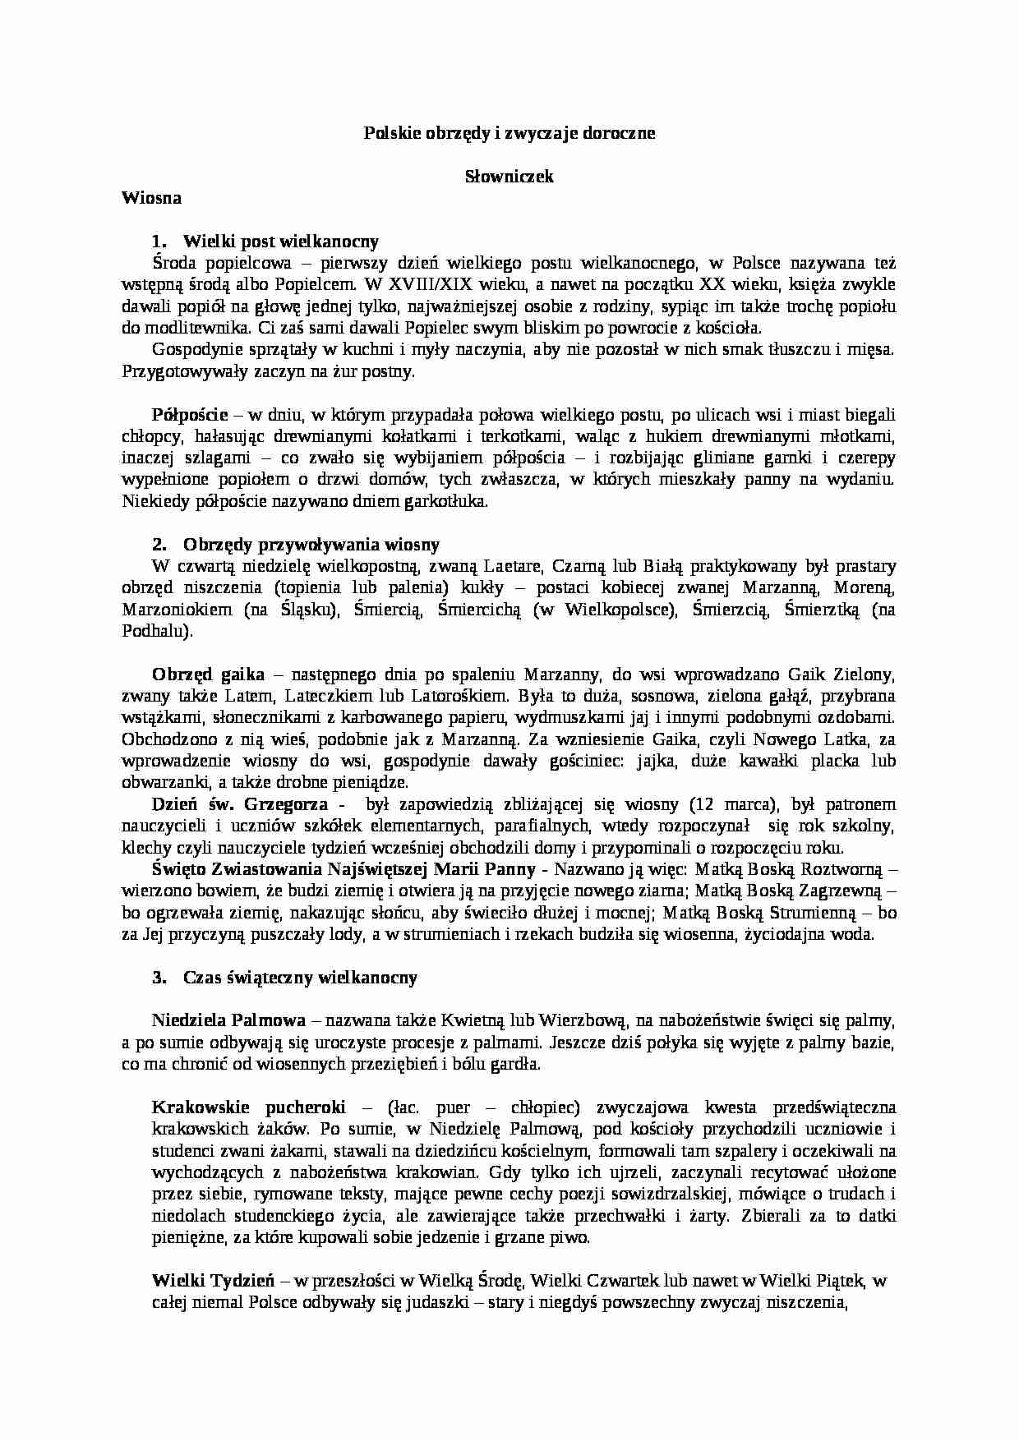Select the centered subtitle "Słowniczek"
tap(509, 177)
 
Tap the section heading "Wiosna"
tap(151, 197)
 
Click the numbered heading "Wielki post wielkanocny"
tap(281, 242)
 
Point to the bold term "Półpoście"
tap(190, 415)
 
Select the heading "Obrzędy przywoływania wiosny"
tap(311, 545)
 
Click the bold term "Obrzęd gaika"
tap(208, 674)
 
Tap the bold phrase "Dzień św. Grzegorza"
tap(240, 804)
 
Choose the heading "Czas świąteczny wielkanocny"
tap(300, 978)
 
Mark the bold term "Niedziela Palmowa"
tap(228, 1021)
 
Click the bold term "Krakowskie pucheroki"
tap(249, 1107)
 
